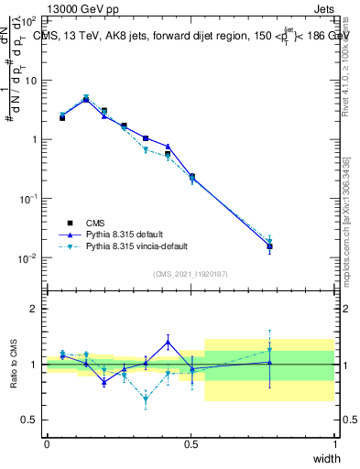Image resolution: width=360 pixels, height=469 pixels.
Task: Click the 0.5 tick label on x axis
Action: (191, 444)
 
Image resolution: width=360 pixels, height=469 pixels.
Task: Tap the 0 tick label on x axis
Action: (47, 444)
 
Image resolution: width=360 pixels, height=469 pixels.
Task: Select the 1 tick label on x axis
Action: (334, 444)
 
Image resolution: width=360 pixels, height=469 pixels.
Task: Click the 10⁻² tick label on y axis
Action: (28, 258)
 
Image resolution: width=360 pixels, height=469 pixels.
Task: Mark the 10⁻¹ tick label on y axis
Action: (28, 199)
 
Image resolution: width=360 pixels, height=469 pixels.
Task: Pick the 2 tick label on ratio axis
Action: (33, 309)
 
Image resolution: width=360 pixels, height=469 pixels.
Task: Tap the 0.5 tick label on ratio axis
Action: (29, 420)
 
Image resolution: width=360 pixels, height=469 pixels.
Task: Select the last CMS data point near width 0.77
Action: (269, 246)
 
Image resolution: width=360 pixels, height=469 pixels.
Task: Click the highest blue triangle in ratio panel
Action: (169, 342)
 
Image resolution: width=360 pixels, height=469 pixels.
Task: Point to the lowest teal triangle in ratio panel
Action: (146, 399)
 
